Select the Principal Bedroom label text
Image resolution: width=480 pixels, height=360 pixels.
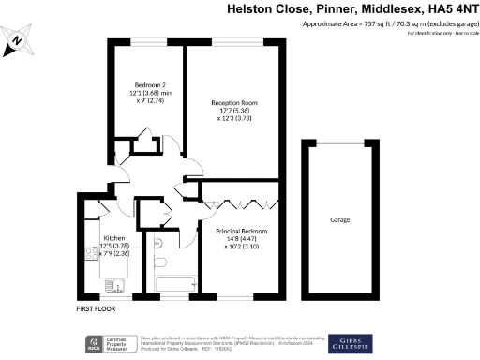[242, 231]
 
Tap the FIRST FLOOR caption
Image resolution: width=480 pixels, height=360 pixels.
[98, 308]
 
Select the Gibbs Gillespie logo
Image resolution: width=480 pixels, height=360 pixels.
[352, 343]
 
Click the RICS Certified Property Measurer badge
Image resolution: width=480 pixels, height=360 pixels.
[110, 344]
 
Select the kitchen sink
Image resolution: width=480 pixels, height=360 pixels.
[113, 284]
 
